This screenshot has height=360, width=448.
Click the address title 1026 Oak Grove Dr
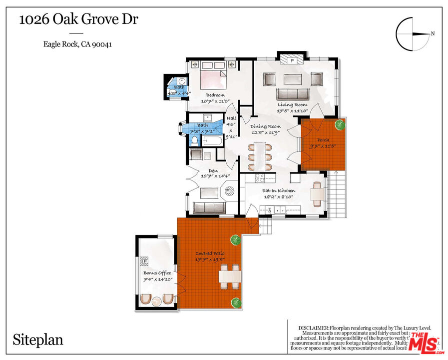pos(78,20)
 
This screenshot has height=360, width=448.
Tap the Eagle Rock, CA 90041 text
pos(77,44)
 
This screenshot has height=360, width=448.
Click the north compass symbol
pos(412,33)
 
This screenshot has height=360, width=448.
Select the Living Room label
pos(293,104)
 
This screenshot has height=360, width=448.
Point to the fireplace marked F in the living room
pos(293,60)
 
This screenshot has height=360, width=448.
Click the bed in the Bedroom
pos(213,79)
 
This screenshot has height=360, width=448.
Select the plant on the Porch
pos(340,124)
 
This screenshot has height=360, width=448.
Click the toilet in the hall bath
pos(195,140)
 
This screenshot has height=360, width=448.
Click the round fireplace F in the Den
pos(230,190)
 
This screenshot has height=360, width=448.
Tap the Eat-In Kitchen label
pos(279,190)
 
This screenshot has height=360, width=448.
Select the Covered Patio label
pos(210,253)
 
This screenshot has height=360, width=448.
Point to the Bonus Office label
pos(157,273)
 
